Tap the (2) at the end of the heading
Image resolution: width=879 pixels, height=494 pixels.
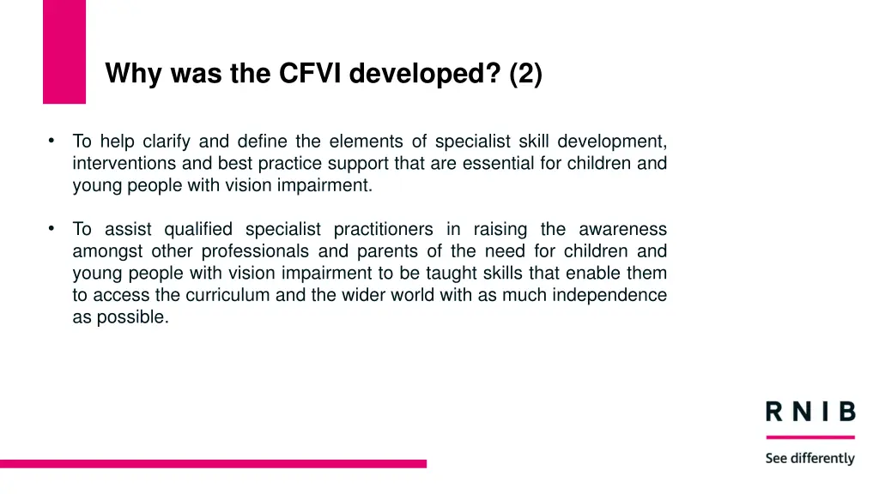(525, 75)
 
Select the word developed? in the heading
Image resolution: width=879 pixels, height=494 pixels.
(425, 75)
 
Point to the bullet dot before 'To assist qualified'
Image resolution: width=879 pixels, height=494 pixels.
(52, 228)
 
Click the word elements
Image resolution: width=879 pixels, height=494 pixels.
(366, 142)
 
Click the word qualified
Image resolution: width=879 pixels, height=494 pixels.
(198, 229)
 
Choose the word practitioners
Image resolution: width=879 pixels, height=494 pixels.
(383, 229)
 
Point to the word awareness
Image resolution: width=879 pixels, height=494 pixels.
(622, 229)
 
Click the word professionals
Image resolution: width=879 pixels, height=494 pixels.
(255, 251)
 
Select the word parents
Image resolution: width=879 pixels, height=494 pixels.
(373, 251)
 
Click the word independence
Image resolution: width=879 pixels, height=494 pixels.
(612, 295)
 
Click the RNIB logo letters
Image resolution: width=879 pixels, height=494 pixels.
(810, 413)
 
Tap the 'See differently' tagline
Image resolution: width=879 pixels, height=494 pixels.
(810, 458)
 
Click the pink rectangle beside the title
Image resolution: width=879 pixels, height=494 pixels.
(64, 51)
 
